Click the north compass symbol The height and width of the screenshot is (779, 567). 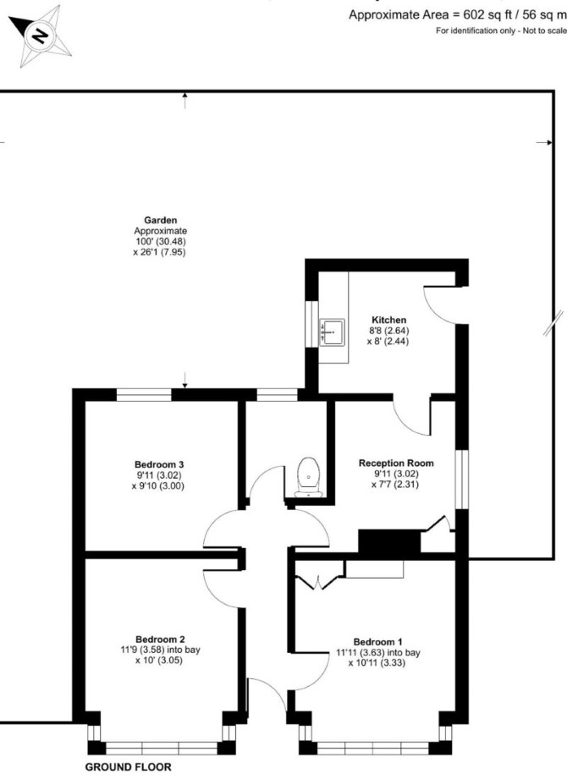(41, 36)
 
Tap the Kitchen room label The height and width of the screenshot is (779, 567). (389, 320)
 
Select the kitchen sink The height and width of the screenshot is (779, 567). (332, 332)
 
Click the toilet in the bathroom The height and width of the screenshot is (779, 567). (309, 478)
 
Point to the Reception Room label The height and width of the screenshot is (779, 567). (396, 463)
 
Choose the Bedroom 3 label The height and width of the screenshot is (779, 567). (159, 464)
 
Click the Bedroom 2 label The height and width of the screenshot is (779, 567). (161, 639)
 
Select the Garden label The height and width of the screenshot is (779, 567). (161, 220)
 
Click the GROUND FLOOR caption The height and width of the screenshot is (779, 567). (128, 767)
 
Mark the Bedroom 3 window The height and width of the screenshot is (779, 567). (144, 395)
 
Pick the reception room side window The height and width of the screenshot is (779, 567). (462, 480)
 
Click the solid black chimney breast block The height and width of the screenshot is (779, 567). (389, 541)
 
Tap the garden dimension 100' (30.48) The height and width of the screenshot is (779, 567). (161, 241)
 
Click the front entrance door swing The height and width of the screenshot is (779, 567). (267, 694)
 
